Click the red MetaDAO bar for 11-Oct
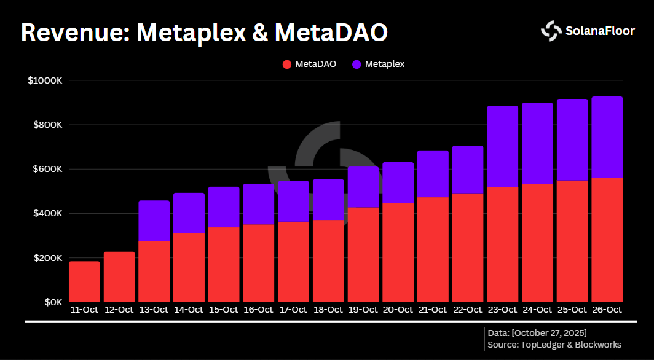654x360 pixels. point(84,281)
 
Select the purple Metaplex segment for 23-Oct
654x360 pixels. point(502,147)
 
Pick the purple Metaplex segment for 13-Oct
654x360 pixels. point(154,221)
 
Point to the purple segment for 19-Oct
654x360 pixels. point(363,187)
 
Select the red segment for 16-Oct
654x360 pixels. point(258,263)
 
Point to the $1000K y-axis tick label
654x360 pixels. point(45,80)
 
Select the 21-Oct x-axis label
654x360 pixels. point(433,310)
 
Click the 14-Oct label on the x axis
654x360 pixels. point(189,310)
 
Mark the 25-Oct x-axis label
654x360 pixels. point(572,310)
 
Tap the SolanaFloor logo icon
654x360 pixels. point(550,31)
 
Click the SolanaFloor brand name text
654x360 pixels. point(600,31)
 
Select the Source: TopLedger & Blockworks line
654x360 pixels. point(554,345)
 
